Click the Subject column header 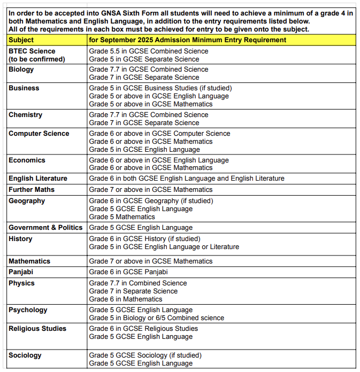[21, 40]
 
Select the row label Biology [22, 69]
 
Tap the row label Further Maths [32, 190]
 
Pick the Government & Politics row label [45, 228]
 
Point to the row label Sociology [25, 355]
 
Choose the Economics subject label [27, 160]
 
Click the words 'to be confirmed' [36, 59]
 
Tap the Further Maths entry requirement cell [151, 190]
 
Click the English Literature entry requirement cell [187, 179]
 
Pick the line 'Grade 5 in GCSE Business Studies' [160, 88]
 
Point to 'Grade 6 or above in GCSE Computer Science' [160, 134]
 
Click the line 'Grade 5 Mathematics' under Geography [122, 217]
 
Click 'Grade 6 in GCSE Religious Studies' [143, 329]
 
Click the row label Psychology [28, 310]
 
